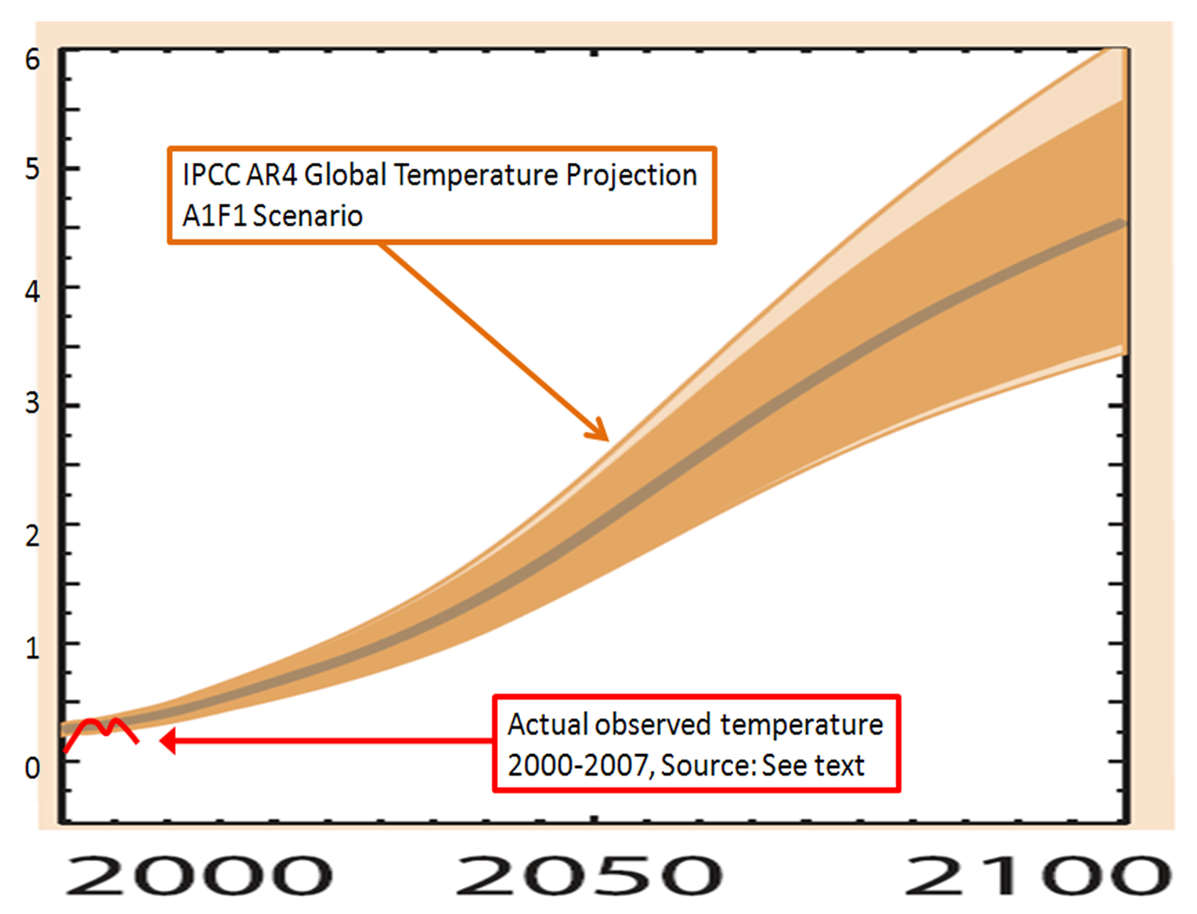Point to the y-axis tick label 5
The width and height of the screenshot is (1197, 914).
click(x=32, y=169)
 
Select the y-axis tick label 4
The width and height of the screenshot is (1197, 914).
click(x=32, y=292)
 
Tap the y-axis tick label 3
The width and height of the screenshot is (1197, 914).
click(x=32, y=402)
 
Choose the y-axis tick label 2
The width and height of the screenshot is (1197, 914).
click(x=32, y=536)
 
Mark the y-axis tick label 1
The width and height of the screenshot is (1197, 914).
click(x=32, y=647)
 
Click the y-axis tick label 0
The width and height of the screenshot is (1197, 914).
click(x=32, y=767)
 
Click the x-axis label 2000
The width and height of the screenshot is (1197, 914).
click(x=199, y=875)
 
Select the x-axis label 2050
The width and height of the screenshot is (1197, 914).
click(x=589, y=875)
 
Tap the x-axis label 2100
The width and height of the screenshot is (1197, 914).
click(x=1039, y=875)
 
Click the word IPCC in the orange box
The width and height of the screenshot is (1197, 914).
click(x=210, y=176)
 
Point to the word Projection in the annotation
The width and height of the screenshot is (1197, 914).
click(x=631, y=177)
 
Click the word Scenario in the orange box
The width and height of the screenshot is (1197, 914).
click(x=308, y=216)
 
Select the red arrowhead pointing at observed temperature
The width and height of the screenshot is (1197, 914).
click(x=167, y=741)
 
